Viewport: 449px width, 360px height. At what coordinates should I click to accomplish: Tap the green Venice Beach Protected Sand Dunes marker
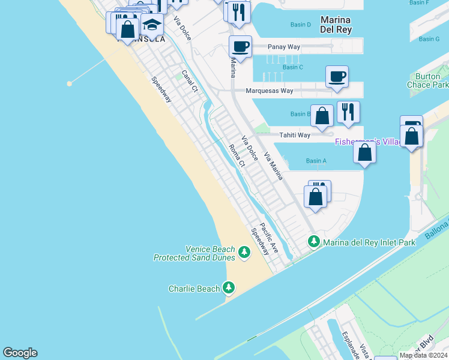coord(244,253)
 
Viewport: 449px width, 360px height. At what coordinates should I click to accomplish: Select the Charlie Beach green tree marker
coord(229,288)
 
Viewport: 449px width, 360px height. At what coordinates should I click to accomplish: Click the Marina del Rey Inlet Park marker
coord(313,242)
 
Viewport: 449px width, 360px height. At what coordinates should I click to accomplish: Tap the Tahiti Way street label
coord(295,135)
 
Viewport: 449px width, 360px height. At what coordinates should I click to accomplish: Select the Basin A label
coord(316,161)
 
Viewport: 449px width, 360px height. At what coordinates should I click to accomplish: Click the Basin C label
coord(292,67)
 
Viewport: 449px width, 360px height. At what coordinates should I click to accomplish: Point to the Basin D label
coord(301,25)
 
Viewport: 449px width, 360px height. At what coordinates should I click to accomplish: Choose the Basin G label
coord(429,39)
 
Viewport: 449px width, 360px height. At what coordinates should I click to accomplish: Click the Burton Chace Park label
coord(431,80)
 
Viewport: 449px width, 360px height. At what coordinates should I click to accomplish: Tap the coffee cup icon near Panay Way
coord(240,46)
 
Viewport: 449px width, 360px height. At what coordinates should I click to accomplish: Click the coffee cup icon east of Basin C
coord(337,76)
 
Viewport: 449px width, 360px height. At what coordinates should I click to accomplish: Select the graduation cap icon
coord(152,25)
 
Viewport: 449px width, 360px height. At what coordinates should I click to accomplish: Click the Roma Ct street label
coord(237,155)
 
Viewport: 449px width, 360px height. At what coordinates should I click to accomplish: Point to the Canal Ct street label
coord(190,81)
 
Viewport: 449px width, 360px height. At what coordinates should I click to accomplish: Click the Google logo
coord(20,353)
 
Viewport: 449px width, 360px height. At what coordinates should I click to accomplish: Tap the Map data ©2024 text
coord(423,355)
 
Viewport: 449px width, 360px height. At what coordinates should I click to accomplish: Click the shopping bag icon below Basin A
coord(316,196)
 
